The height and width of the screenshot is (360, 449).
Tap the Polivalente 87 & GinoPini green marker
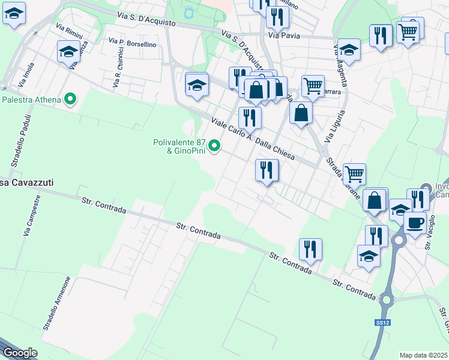214,146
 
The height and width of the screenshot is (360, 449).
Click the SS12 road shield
382,323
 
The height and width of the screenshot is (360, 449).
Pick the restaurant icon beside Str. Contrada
310,249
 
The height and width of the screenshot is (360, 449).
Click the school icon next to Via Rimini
69,52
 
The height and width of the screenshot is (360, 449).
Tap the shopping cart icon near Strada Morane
355,174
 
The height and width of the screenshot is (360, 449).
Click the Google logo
20,353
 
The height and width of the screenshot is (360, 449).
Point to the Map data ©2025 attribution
423,355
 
